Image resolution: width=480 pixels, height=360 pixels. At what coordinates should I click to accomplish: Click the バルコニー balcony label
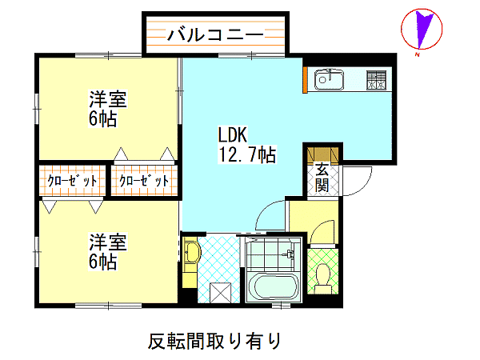(215, 34)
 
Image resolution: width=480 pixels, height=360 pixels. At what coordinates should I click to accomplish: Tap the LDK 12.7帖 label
(246, 145)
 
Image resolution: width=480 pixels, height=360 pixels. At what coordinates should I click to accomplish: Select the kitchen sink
(329, 79)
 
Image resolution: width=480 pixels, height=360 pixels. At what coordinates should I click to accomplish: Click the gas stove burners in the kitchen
(376, 80)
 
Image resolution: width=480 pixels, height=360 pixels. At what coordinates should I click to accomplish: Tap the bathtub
(273, 286)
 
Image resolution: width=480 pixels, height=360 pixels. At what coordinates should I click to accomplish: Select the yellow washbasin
(192, 253)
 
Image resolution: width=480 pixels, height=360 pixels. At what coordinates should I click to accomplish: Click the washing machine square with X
(221, 292)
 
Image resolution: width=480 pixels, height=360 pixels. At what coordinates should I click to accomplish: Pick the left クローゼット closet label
(72, 181)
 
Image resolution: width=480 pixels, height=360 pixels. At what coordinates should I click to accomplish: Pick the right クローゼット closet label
(144, 181)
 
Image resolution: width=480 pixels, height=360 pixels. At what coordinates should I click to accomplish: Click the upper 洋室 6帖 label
(107, 108)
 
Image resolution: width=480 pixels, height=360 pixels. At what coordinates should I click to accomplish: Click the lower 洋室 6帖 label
(107, 252)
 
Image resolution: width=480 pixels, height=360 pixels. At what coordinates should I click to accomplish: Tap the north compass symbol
(422, 30)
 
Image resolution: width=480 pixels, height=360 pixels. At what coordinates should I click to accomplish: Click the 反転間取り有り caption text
(214, 341)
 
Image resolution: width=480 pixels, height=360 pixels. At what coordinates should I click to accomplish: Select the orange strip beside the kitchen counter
(305, 79)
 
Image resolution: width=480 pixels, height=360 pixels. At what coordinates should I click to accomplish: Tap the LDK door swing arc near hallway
(264, 210)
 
